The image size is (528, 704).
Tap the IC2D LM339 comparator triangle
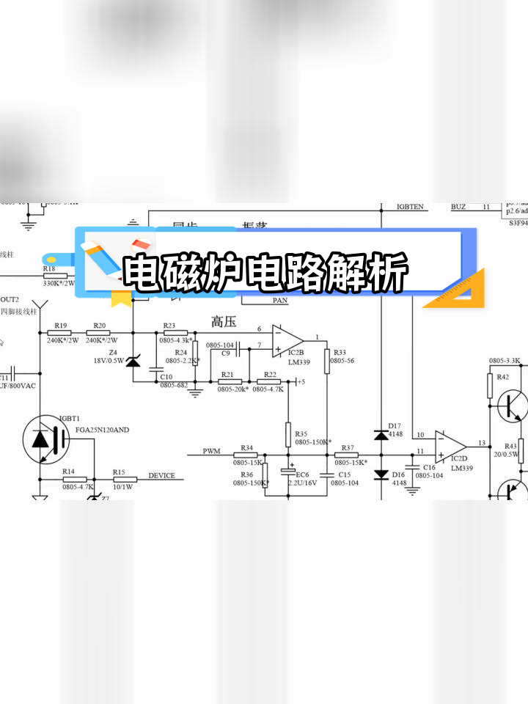pos(450,444)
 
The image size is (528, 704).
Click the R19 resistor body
pos(59,332)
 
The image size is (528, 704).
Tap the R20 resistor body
pos(100,332)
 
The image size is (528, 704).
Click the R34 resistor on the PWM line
pos(246,455)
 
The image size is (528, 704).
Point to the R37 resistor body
pos(346,455)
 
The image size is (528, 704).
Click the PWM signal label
pos(212,452)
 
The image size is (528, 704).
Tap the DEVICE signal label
pos(161,475)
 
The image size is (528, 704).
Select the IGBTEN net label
pos(410,207)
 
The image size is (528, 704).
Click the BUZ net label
pos(458,207)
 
